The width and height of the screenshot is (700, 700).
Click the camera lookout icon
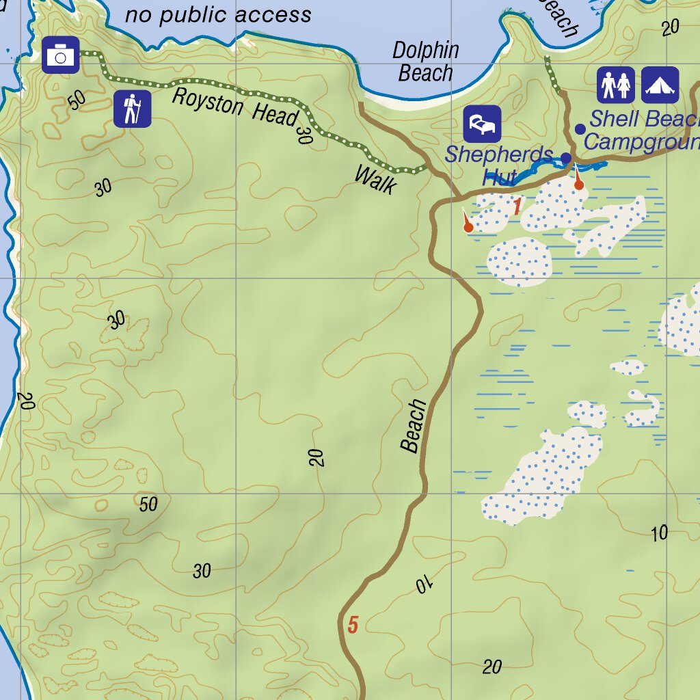pos(61,55)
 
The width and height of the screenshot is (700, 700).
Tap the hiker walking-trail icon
pos(133,109)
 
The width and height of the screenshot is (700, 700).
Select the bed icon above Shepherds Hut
pos(482,124)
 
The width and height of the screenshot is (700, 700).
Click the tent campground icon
pos(660,85)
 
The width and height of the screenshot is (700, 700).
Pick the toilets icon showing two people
pos(616,85)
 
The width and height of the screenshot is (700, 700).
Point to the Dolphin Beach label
pos(425,62)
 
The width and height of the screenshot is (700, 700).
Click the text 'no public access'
pos(218,14)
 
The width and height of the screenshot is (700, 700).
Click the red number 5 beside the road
pos(353,625)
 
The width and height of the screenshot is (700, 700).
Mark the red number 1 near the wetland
pos(517,206)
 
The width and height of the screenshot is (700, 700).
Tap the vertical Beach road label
pos(414,426)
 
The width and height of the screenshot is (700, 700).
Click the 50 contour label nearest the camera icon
pos(77,99)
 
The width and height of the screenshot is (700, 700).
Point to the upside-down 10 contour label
pos(425,584)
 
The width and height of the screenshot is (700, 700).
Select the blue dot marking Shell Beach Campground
pos(580,129)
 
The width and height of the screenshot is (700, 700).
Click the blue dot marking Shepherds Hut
pos(566,158)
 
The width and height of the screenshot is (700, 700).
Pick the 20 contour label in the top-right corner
pos(671,27)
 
